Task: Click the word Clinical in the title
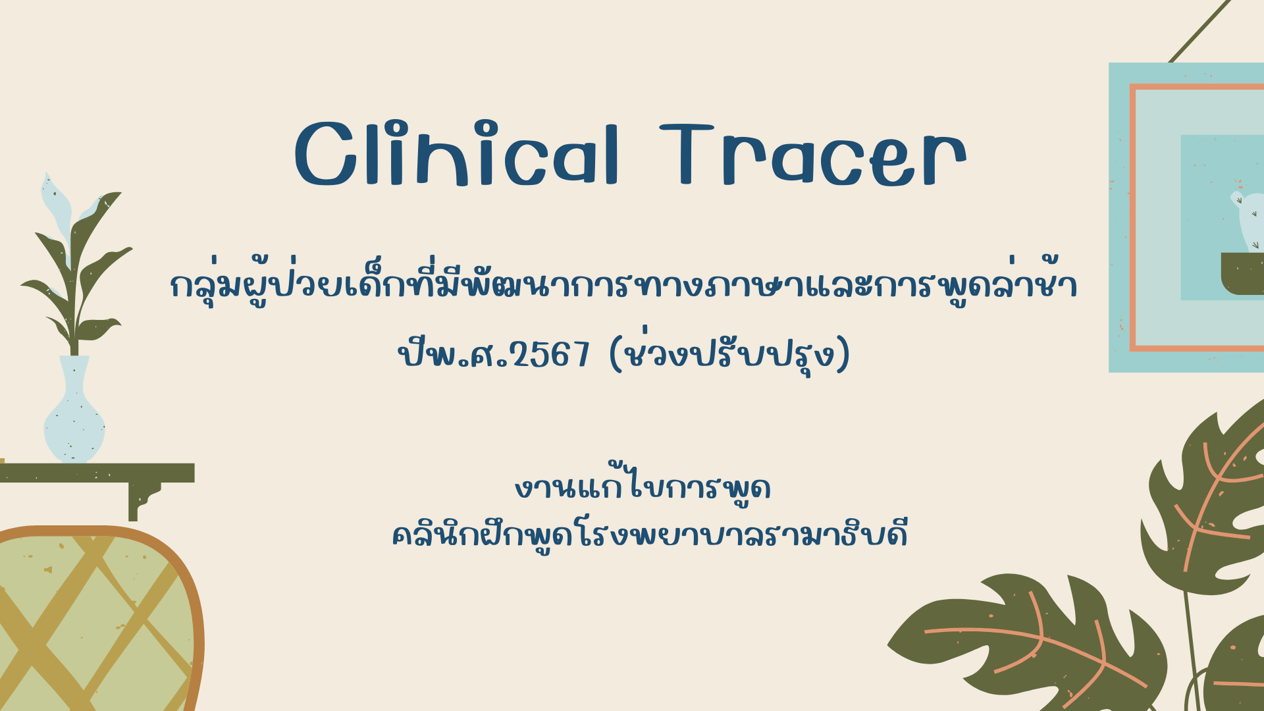457,154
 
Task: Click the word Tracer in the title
813,155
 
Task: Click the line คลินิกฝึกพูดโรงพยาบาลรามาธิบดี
650,533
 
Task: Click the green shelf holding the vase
97,473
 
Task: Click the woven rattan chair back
99,619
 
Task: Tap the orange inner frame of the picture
1132,217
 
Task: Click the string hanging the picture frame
1199,32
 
